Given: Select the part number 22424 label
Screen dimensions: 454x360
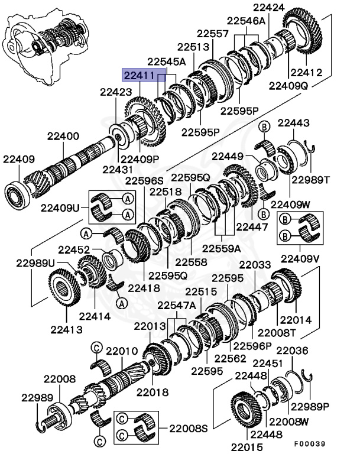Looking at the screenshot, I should (x=269, y=8).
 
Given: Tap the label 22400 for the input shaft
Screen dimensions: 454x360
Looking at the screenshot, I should (x=63, y=137).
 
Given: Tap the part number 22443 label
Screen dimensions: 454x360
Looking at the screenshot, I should (x=293, y=122).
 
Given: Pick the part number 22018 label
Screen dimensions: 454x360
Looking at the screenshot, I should (x=152, y=392).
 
